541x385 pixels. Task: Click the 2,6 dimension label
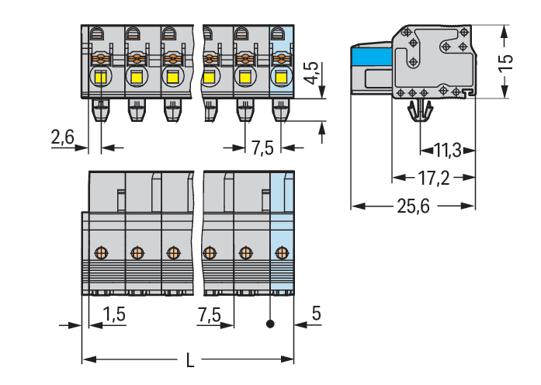tap(61, 137)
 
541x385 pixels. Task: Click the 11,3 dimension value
tap(448, 150)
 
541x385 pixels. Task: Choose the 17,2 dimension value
tap(433, 179)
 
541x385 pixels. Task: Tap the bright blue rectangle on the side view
tap(371, 57)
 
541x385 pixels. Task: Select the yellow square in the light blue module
tap(280, 77)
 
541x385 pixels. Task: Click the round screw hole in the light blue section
tap(282, 251)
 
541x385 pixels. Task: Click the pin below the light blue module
tap(280, 112)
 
